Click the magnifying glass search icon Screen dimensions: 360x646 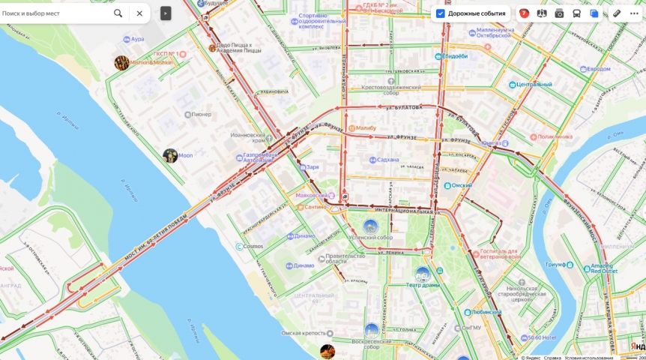(x=118, y=13)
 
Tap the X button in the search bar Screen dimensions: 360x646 (x=139, y=13)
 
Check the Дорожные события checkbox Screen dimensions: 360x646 (x=441, y=13)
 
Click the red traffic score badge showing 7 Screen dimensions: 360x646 (x=524, y=13)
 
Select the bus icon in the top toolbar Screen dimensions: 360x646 (x=576, y=13)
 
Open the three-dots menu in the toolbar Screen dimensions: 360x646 (x=634, y=13)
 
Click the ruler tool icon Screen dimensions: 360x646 (x=617, y=13)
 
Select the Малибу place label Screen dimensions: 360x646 (x=366, y=128)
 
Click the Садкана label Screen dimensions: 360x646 (x=388, y=160)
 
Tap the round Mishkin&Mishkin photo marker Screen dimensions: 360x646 (x=121, y=63)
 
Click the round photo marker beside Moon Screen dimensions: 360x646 (x=170, y=155)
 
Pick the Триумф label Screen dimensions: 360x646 (x=555, y=265)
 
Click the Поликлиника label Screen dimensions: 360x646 (x=555, y=136)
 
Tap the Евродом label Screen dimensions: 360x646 (x=598, y=69)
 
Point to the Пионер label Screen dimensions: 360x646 (x=201, y=115)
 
